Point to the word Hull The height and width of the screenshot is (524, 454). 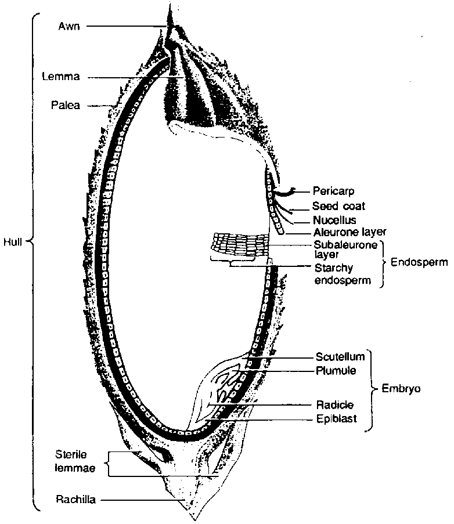pyautogui.click(x=12, y=243)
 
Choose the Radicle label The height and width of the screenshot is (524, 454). pyautogui.click(x=335, y=404)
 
